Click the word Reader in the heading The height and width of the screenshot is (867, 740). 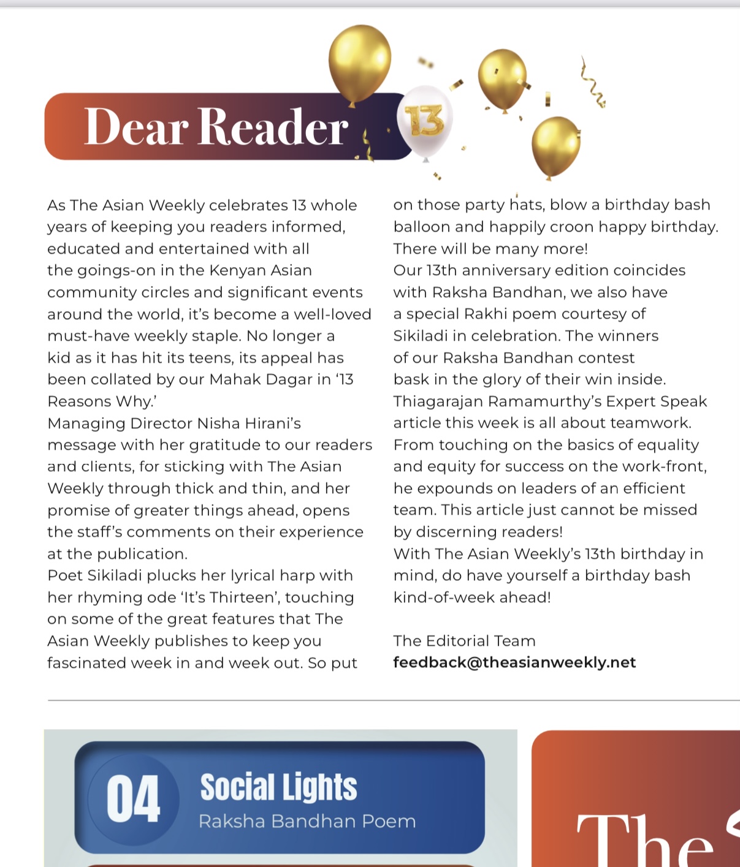click(x=273, y=127)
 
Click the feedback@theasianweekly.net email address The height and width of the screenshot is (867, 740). click(x=514, y=662)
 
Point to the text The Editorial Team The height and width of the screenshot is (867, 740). click(x=464, y=641)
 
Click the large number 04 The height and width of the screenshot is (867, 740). click(x=133, y=798)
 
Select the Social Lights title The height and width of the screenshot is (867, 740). click(x=278, y=787)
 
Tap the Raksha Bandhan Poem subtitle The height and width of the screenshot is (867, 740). click(x=307, y=821)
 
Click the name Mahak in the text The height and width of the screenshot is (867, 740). click(x=232, y=379)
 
